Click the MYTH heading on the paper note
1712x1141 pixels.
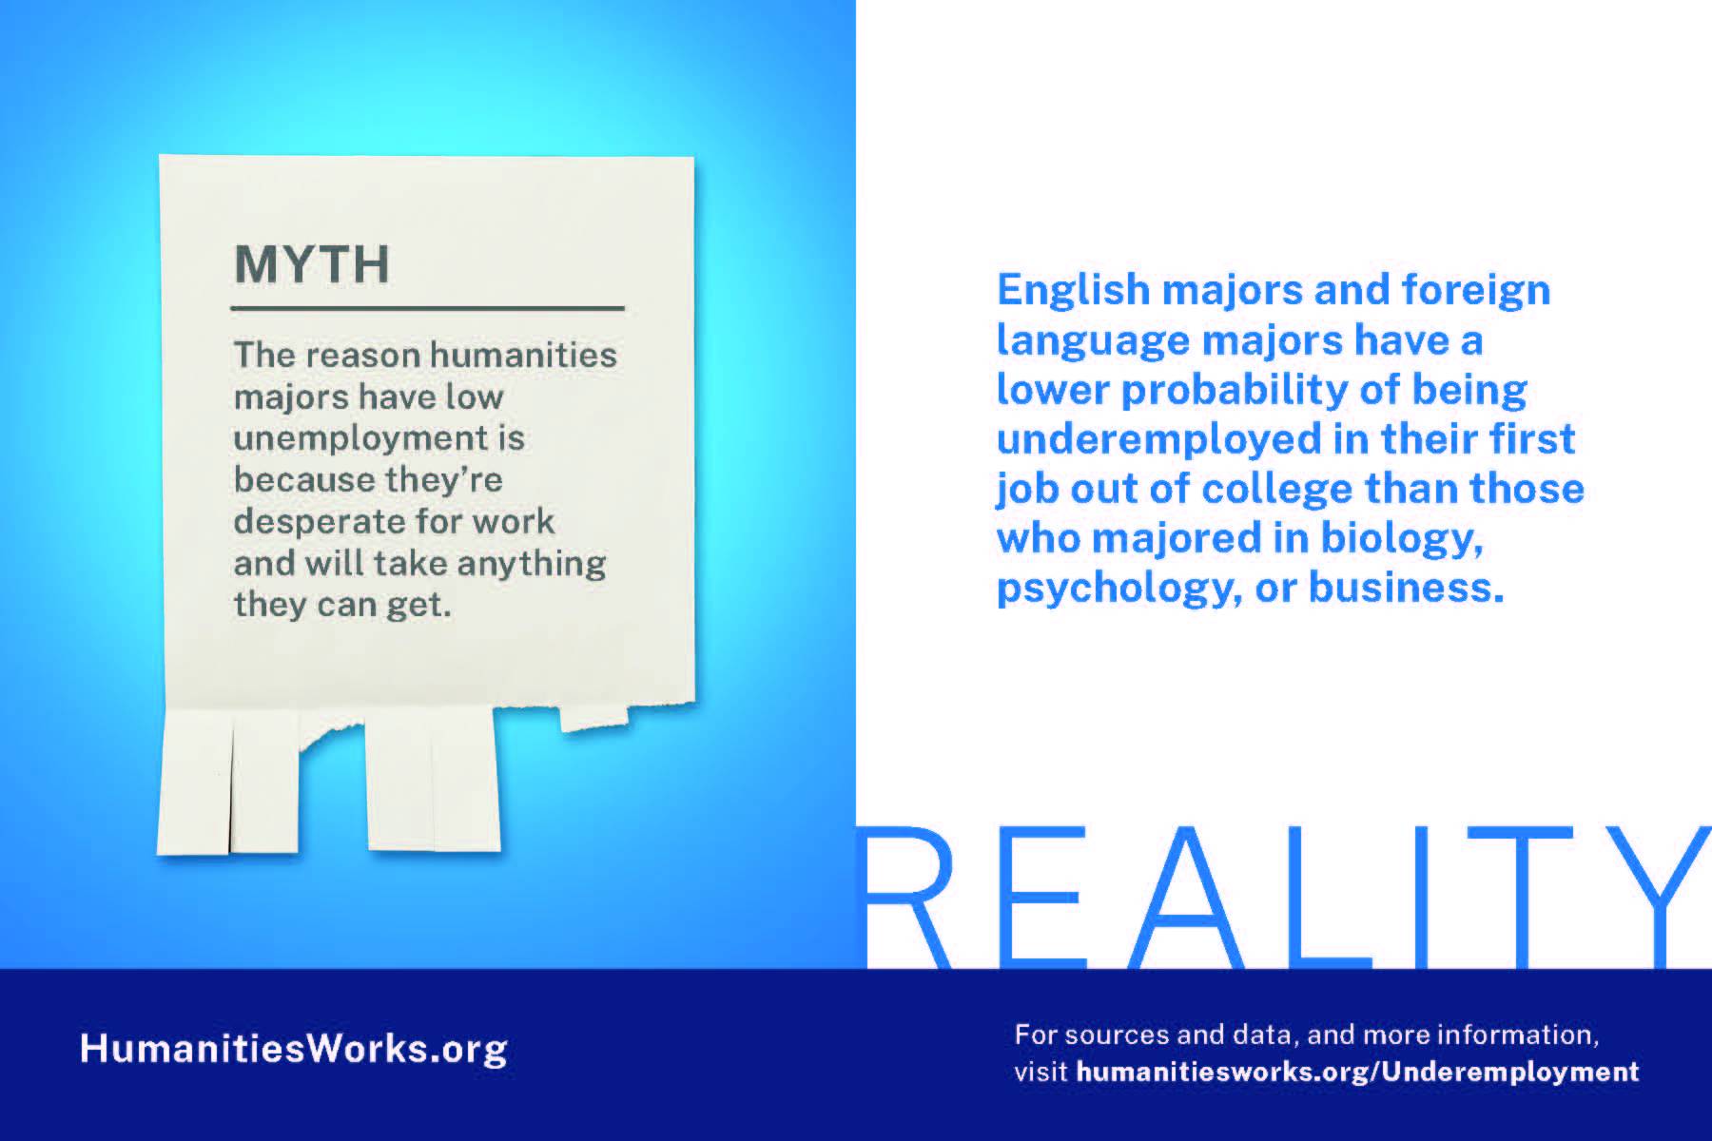pyautogui.click(x=312, y=264)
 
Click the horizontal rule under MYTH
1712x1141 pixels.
pyautogui.click(x=427, y=308)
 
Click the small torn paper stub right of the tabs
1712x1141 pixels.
pyautogui.click(x=593, y=717)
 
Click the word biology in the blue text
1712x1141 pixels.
pyautogui.click(x=1402, y=540)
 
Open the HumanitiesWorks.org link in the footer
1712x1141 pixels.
pyautogui.click(x=294, y=1049)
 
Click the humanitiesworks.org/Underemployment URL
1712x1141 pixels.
pyautogui.click(x=1358, y=1073)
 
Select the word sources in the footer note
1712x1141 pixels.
pyautogui.click(x=1110, y=1035)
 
